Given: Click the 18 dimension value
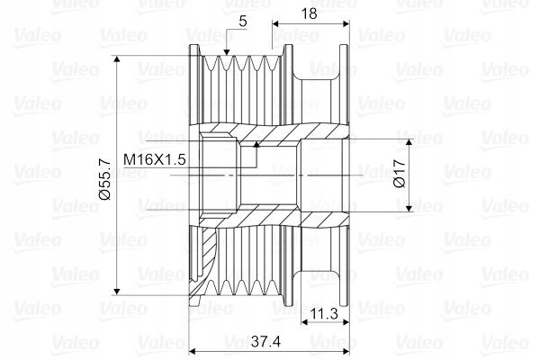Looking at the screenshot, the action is tap(309, 13).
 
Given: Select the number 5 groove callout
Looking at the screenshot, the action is tap(243, 22).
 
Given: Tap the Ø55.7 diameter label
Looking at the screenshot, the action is tap(104, 179).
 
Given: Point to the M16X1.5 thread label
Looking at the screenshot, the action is tap(155, 159).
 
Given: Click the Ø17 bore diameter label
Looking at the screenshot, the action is tap(400, 174).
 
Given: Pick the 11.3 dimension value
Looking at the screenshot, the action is tap(324, 314).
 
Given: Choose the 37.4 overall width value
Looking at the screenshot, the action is tap(265, 341).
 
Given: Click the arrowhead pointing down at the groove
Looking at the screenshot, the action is tap(226, 51).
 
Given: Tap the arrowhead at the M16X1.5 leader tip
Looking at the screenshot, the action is tap(256, 144).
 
